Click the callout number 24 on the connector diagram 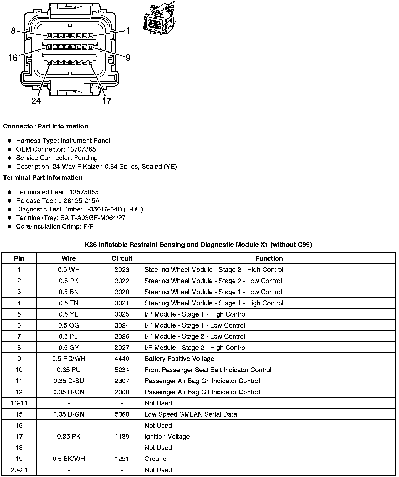36,101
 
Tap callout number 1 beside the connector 128,31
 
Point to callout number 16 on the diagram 13,58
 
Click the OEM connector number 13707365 81,149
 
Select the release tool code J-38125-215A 79,201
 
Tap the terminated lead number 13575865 84,192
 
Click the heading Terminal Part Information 43,178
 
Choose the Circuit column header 122,258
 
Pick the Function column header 269,258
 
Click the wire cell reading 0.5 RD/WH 69,359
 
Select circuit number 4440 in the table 122,359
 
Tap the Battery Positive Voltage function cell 179,359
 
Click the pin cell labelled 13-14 19,403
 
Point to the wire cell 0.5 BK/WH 69,459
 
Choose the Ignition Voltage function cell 167,437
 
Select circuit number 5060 122,414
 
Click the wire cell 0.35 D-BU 69,381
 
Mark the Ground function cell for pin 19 155,459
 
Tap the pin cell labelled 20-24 19,470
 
